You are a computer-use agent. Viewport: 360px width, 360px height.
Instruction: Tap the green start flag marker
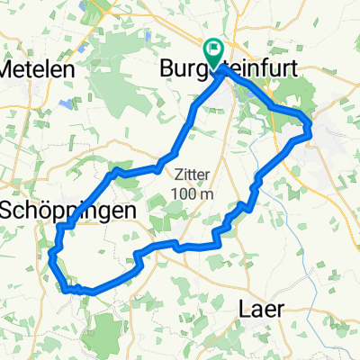(215, 52)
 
